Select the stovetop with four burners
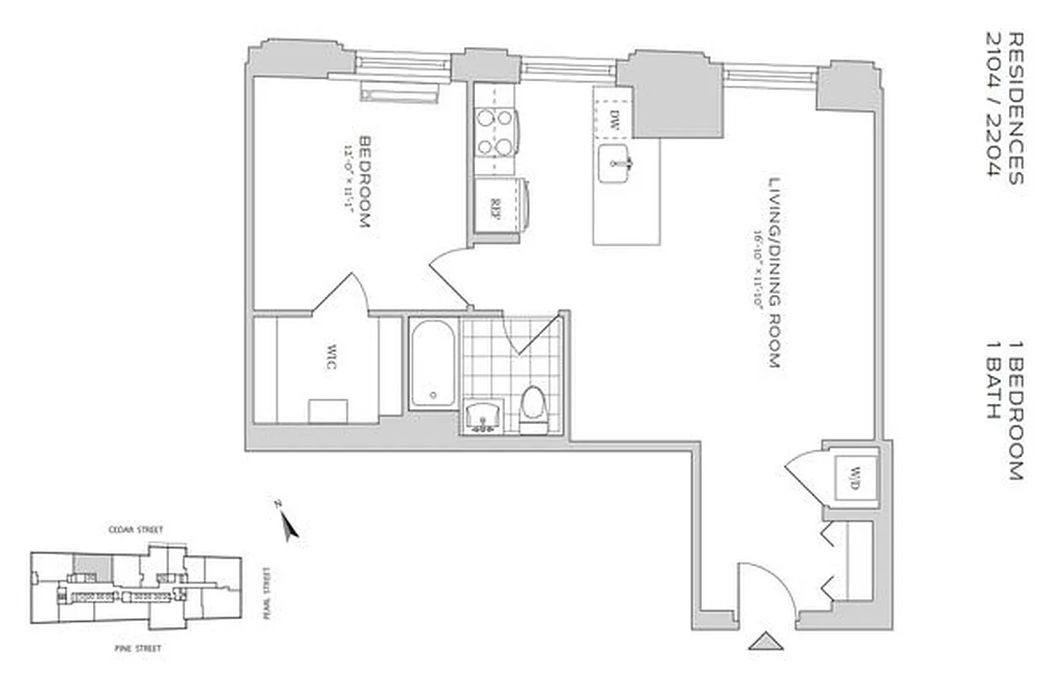pos(495,132)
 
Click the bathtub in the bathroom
pos(432,364)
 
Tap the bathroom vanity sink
pos(485,418)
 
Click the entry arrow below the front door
pos(765,640)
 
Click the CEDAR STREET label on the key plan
pos(135,529)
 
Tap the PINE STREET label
pos(137,649)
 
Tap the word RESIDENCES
pos(1016,108)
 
